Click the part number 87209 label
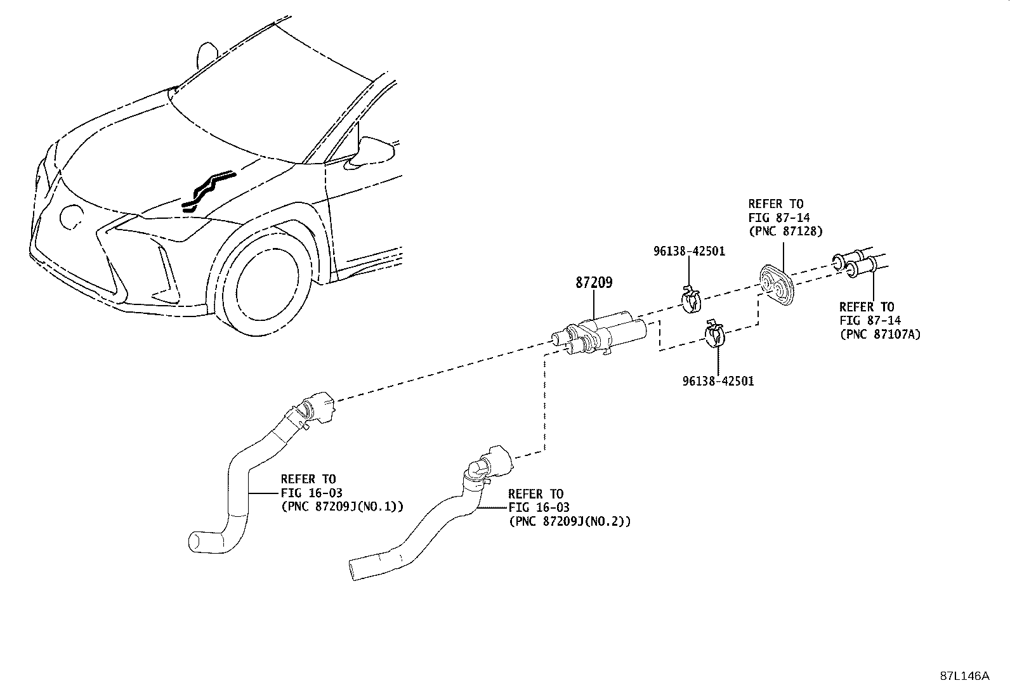594,283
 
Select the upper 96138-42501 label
689,251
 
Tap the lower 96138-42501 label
718,381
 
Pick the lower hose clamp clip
715,334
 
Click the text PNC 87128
785,231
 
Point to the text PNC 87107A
880,334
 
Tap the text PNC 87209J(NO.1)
342,506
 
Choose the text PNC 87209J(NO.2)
569,521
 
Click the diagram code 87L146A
964,675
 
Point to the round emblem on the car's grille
70,216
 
